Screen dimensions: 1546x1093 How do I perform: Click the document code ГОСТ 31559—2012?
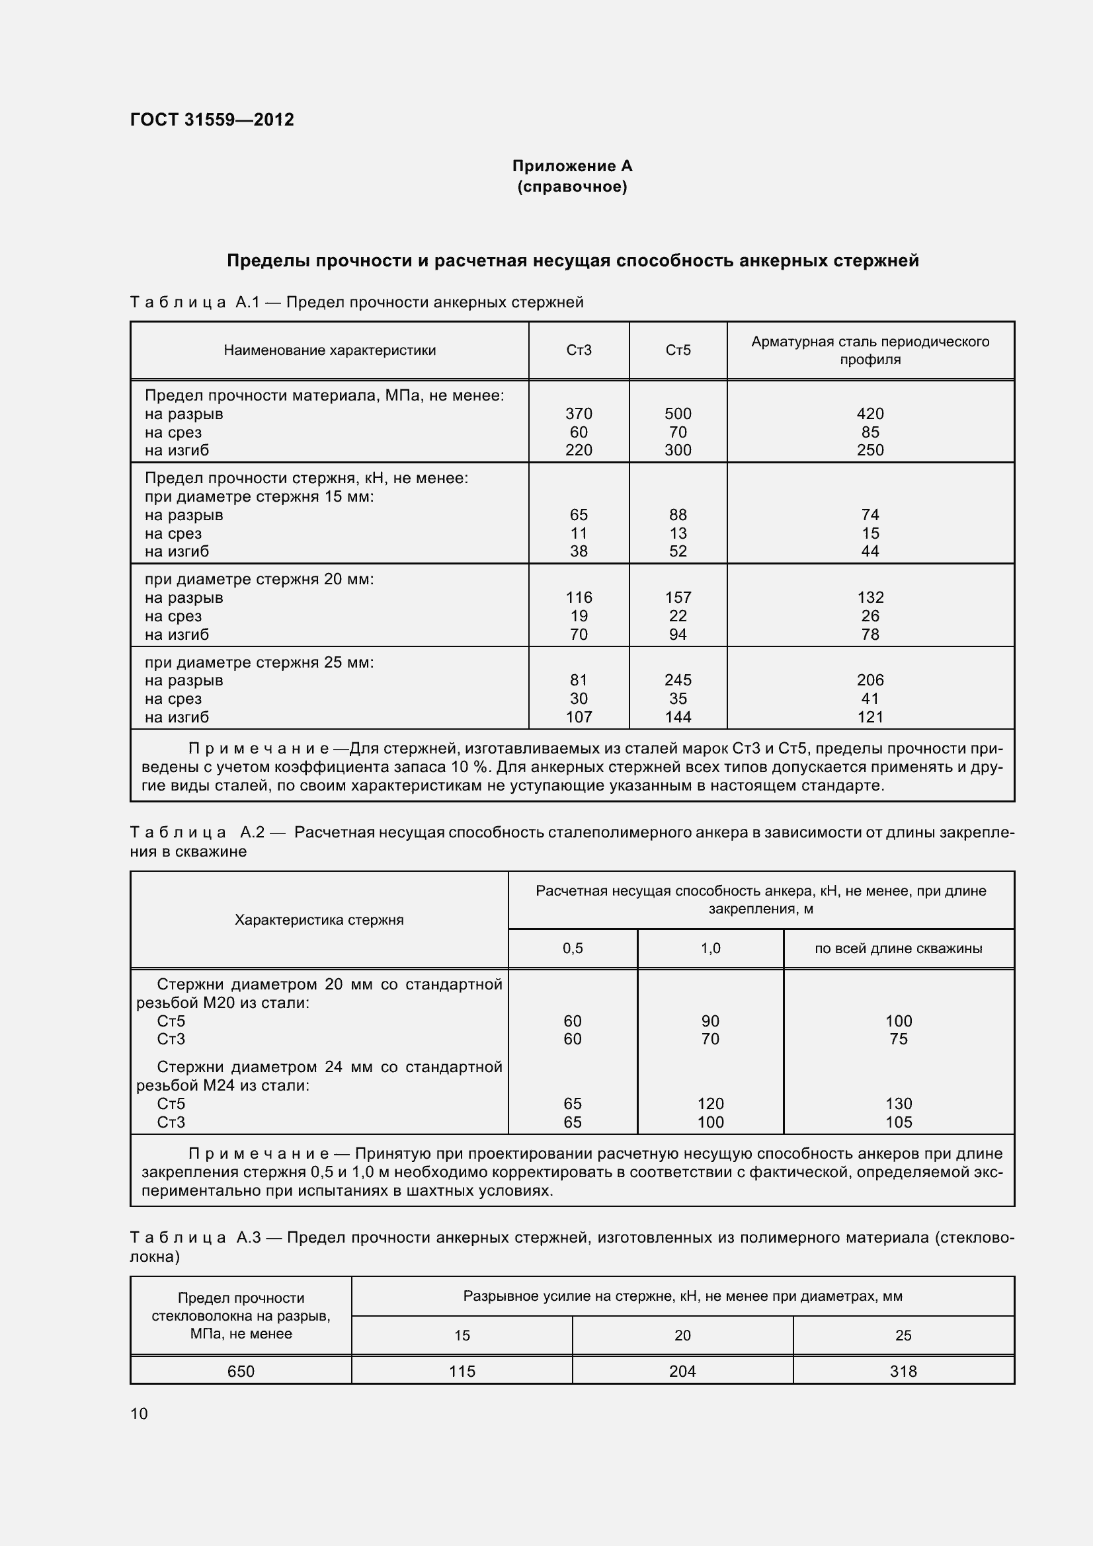click(212, 120)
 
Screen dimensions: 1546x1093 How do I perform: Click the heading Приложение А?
click(572, 166)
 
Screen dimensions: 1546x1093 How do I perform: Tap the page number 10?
click(139, 1413)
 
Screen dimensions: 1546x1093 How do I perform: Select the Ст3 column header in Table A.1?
click(579, 350)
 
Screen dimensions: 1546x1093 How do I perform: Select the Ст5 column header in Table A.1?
click(678, 350)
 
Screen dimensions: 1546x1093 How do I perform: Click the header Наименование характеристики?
click(329, 350)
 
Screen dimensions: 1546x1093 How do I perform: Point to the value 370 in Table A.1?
click(579, 413)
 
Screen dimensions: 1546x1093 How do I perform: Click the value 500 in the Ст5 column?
click(678, 413)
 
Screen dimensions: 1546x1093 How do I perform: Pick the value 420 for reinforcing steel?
click(870, 413)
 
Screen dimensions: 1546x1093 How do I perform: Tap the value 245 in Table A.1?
click(678, 680)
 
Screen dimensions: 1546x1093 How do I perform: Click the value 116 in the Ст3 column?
click(579, 598)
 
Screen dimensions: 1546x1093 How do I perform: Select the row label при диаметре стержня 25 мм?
click(259, 662)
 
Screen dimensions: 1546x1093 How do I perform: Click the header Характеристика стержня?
click(319, 920)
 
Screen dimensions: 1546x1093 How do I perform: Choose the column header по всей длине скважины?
click(899, 948)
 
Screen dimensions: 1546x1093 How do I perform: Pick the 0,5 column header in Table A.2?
click(573, 948)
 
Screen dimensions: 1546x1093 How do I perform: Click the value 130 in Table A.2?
click(899, 1104)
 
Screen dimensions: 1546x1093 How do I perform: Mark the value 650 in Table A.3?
click(241, 1371)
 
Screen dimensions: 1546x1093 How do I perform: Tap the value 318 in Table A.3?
click(903, 1371)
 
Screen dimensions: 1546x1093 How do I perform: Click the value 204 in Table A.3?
click(682, 1371)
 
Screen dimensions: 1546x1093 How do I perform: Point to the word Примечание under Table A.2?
click(259, 1154)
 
